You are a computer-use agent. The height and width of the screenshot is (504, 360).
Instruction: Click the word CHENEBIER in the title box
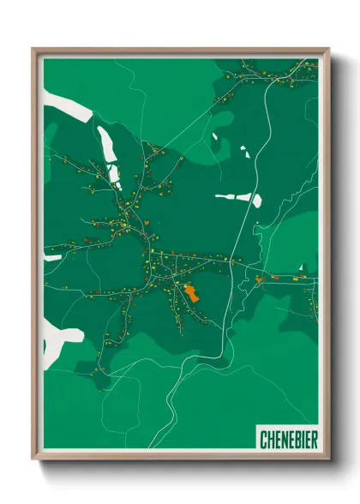[288, 440]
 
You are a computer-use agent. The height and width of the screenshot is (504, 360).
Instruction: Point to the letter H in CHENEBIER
[270, 440]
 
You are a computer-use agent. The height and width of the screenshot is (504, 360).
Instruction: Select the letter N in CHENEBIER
[283, 440]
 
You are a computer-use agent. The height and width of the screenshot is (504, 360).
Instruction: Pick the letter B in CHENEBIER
[296, 440]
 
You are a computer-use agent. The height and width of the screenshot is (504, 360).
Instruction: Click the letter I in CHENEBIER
[302, 440]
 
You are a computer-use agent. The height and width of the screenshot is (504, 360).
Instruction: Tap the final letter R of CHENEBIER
[313, 440]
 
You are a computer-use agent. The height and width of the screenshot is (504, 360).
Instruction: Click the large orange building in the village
[191, 294]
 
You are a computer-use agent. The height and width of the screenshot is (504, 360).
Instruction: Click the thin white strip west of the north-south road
[230, 197]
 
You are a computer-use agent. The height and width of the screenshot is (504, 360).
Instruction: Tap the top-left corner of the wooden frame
[33, 49]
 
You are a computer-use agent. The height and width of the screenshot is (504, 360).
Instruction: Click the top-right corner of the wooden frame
[328, 49]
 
